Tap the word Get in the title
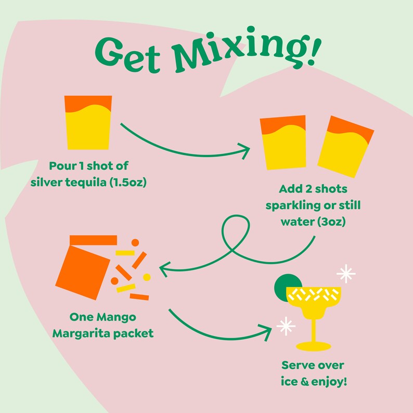(130, 53)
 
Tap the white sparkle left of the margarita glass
(285, 326)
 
